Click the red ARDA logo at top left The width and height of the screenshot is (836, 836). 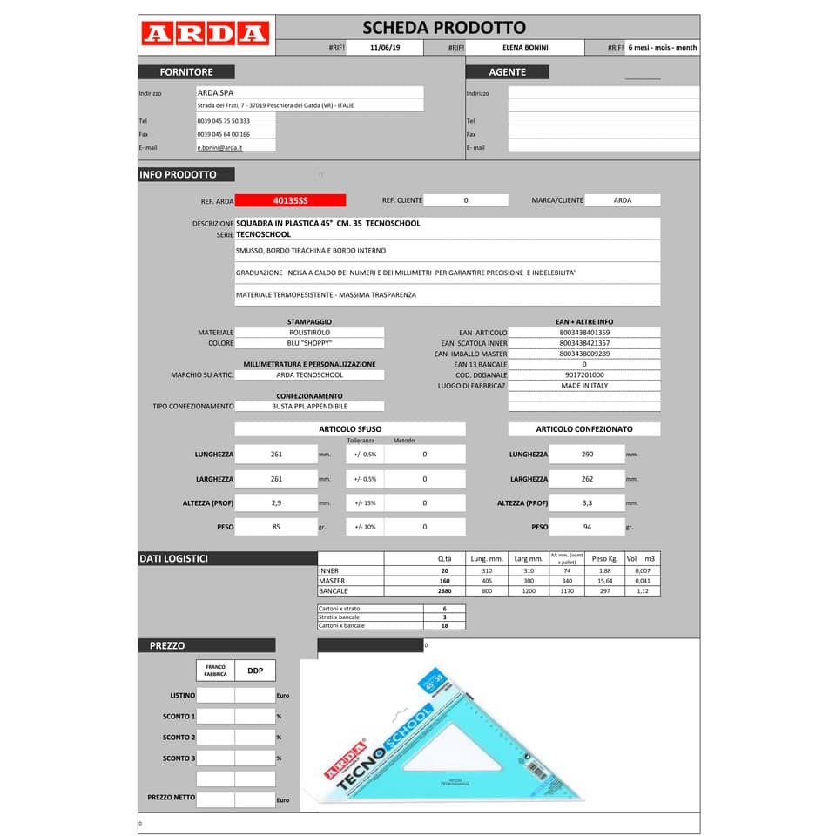[x=205, y=34]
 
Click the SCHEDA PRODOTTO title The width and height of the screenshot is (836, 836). [x=443, y=28]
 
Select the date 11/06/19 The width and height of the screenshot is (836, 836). [x=384, y=48]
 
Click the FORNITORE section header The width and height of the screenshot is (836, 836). [x=185, y=72]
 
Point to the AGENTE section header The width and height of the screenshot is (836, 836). [x=507, y=72]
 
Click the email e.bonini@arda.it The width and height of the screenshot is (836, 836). [x=219, y=148]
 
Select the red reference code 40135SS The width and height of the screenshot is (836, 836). [x=290, y=200]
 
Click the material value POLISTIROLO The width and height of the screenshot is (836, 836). [x=309, y=333]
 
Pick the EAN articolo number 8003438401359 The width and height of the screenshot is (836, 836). [x=584, y=333]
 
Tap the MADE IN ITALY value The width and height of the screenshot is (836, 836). [x=584, y=385]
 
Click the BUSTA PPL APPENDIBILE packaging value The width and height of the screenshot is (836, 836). [x=309, y=406]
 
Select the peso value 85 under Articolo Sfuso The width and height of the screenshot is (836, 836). [x=276, y=527]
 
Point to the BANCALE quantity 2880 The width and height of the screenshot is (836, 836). [x=444, y=591]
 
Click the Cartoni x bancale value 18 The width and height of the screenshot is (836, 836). [x=444, y=625]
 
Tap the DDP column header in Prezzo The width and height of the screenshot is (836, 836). [x=255, y=671]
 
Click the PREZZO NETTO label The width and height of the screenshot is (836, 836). [x=171, y=798]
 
